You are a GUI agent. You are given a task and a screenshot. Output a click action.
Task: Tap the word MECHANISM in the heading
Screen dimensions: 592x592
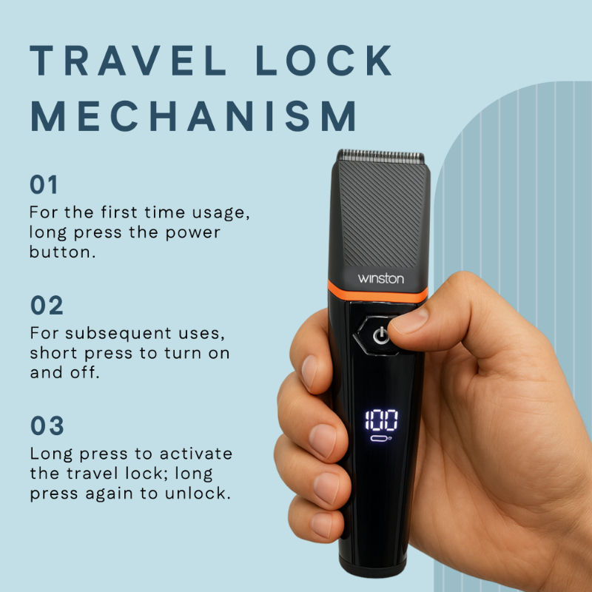[x=195, y=117]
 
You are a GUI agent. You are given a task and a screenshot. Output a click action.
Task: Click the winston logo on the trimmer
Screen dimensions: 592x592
[x=381, y=278]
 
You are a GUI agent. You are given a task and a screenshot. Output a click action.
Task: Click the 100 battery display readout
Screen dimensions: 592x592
[x=380, y=420]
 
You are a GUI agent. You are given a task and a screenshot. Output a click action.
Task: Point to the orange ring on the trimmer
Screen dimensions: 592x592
[x=377, y=293]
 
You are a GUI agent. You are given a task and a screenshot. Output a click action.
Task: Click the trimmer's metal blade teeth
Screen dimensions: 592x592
[x=380, y=157]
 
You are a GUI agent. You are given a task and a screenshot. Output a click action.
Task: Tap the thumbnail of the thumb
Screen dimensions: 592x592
[x=410, y=320]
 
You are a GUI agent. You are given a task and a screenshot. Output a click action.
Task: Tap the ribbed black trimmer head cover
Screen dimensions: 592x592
[x=380, y=215]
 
